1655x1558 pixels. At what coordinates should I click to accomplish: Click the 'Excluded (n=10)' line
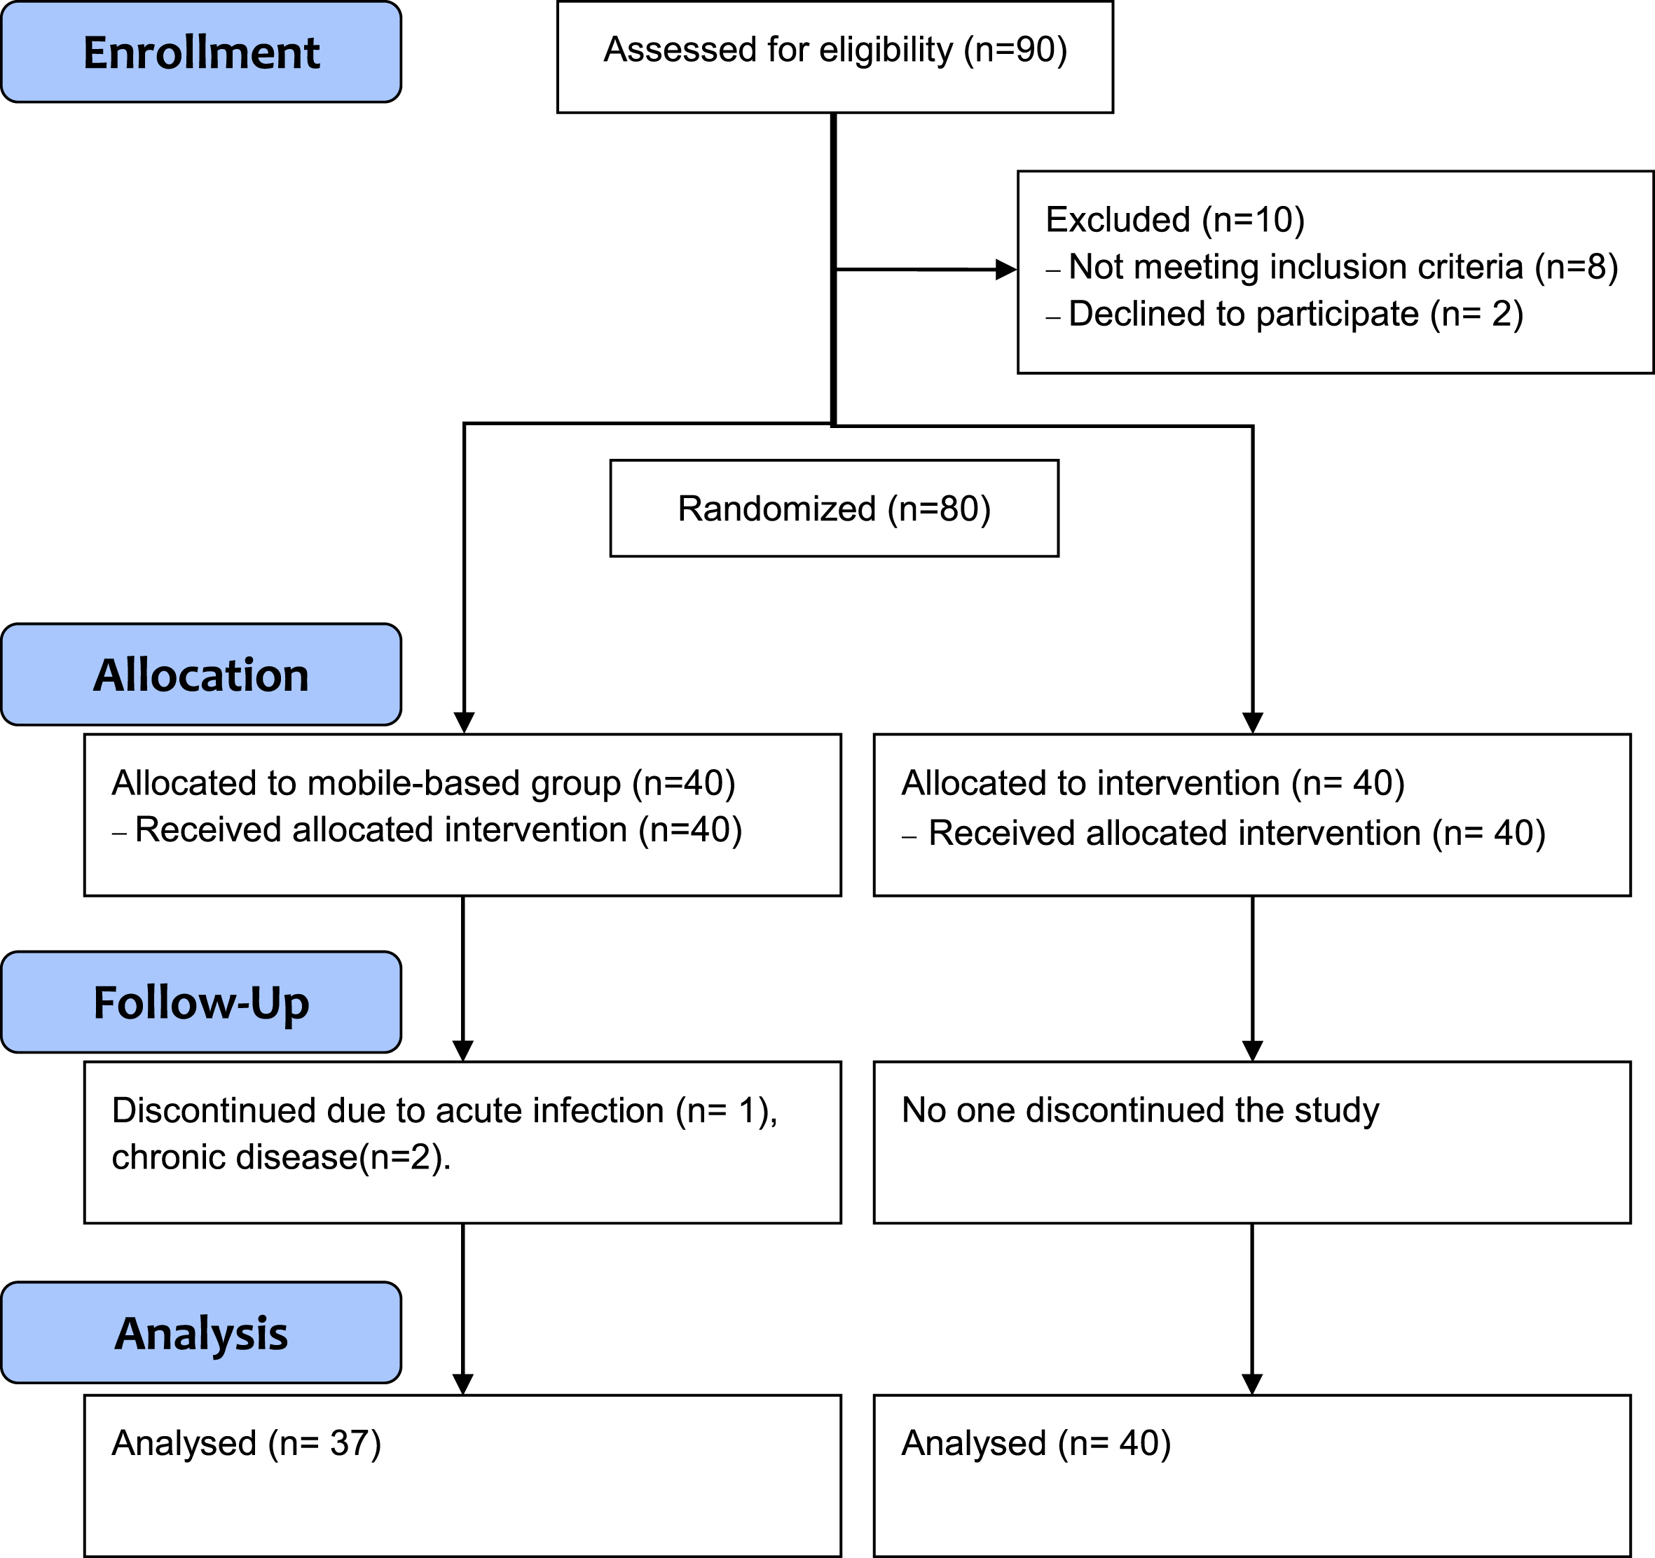click(x=1174, y=220)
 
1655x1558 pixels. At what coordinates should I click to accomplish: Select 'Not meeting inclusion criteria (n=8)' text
click(x=1342, y=267)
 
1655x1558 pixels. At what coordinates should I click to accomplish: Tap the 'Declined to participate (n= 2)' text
click(x=1296, y=315)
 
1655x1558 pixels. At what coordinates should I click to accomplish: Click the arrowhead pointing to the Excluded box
click(x=1006, y=270)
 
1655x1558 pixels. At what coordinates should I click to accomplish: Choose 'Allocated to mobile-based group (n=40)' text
click(x=424, y=783)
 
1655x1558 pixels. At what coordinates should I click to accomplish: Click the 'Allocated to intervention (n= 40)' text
click(x=1153, y=783)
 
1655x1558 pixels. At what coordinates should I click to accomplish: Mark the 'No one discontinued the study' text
click(x=1141, y=1110)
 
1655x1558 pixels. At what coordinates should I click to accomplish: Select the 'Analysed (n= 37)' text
click(x=247, y=1443)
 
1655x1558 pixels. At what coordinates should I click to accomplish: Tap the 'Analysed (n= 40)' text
click(x=1036, y=1443)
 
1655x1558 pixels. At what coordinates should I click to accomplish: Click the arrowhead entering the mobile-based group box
click(x=465, y=723)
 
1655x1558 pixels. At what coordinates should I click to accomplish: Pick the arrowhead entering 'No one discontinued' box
click(x=1252, y=1051)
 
